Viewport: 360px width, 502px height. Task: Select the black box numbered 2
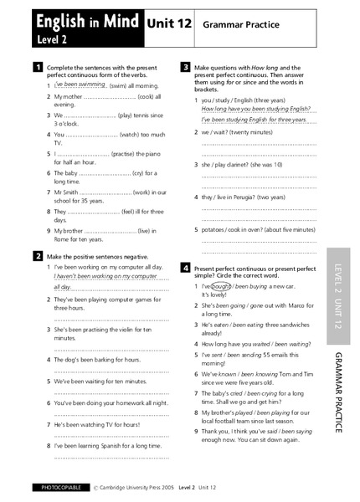pos(38,255)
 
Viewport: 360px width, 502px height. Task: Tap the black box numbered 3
pos(185,66)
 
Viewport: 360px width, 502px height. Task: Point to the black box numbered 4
pos(185,268)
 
